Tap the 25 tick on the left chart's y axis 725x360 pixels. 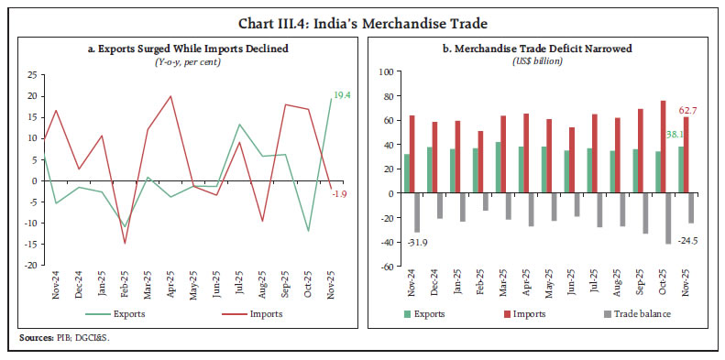coord(31,74)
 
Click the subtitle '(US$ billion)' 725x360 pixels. coord(542,60)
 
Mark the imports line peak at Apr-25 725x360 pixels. coord(170,96)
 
